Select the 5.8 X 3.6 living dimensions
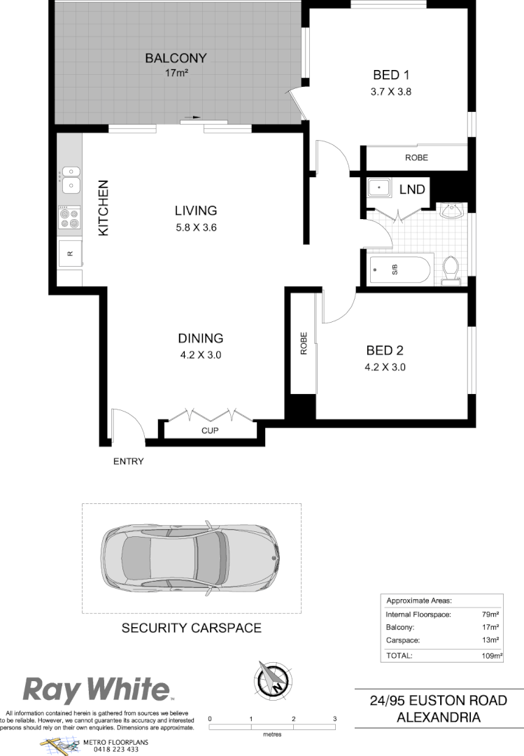click(x=196, y=227)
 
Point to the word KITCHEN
click(x=104, y=207)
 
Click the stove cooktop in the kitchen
click(x=69, y=218)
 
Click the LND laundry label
click(x=411, y=189)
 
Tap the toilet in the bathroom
click(x=451, y=270)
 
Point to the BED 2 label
click(x=385, y=351)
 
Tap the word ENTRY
click(x=128, y=461)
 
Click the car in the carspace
click(x=190, y=558)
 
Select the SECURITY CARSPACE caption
click(x=192, y=628)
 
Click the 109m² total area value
click(x=492, y=656)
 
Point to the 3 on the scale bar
click(x=335, y=719)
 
